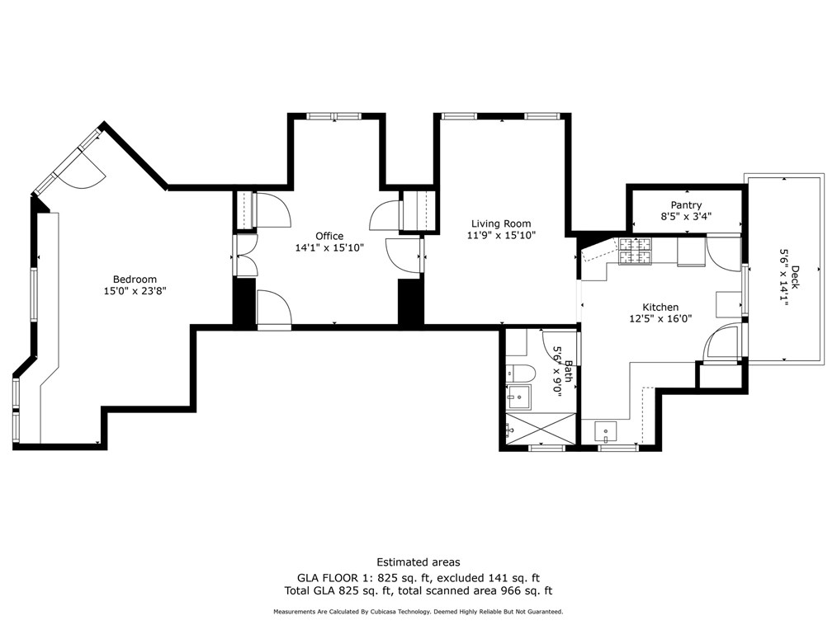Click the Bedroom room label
tap(135, 279)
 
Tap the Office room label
tap(329, 236)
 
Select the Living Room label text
tap(501, 223)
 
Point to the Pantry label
tap(686, 205)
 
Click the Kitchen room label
tap(660, 308)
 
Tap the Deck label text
tap(796, 277)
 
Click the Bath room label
tap(569, 371)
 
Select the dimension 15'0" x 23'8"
tap(135, 291)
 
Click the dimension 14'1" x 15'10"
tap(329, 247)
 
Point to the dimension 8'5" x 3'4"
tap(686, 217)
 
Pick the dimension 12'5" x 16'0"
tap(660, 319)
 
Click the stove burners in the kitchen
tap(636, 251)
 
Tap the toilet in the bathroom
tap(521, 374)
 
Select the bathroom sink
tap(518, 397)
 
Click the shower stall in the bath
tap(541, 428)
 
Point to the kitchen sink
tap(606, 432)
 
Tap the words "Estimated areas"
tap(418, 562)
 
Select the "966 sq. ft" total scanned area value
tap(526, 591)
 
